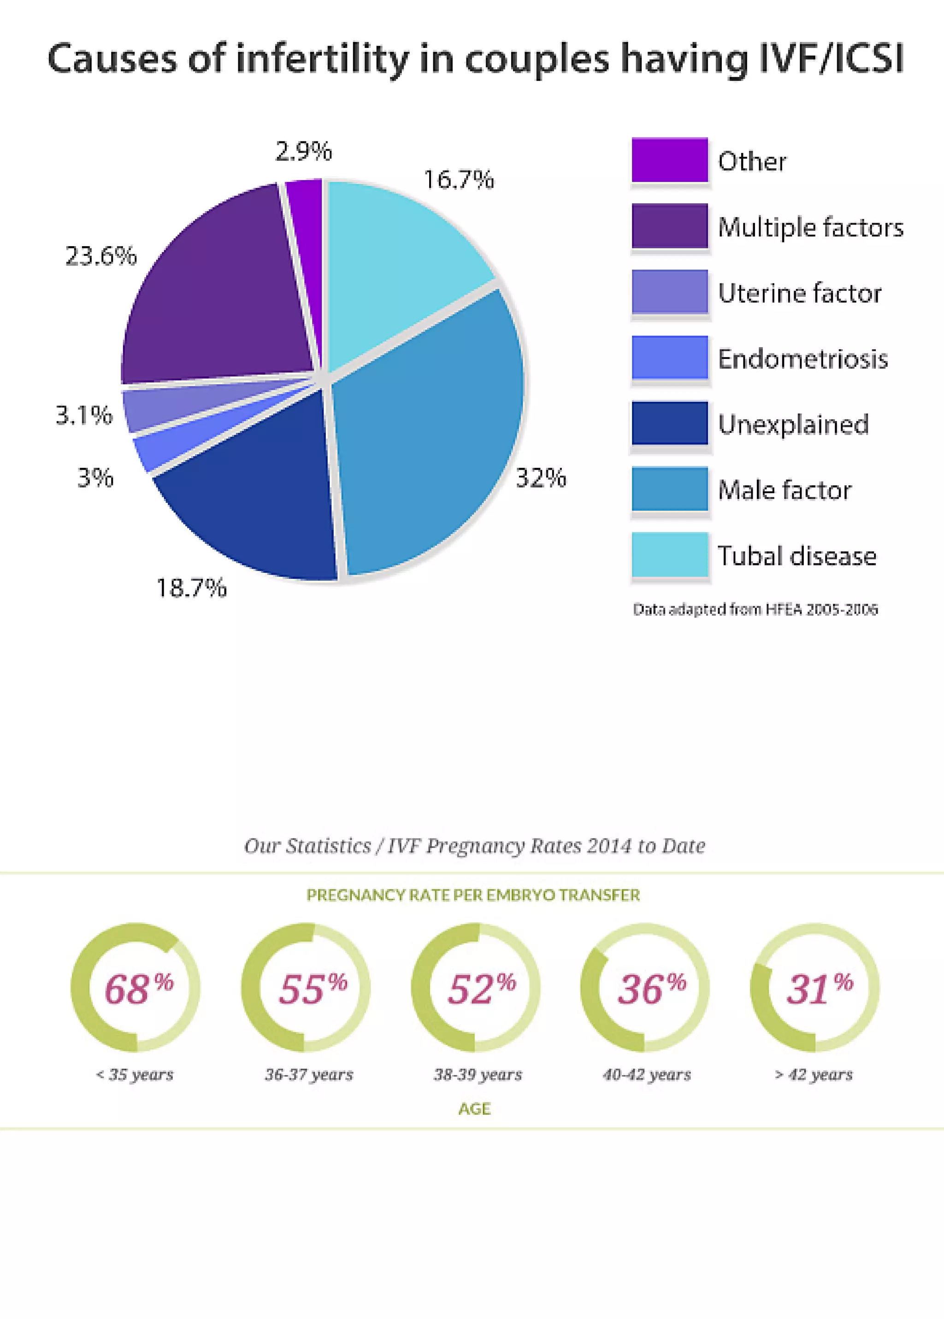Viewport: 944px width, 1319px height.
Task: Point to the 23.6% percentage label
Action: [100, 256]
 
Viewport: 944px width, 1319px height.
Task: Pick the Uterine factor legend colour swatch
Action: [670, 291]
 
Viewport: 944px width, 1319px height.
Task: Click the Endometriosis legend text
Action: [803, 359]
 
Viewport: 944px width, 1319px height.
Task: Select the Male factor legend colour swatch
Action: [670, 489]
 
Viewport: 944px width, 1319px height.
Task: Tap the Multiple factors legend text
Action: [810, 227]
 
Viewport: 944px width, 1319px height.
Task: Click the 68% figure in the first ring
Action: [138, 989]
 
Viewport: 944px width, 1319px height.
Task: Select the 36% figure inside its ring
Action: [650, 989]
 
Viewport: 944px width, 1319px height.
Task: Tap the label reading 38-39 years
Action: [478, 1074]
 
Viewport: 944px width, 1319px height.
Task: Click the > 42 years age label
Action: [813, 1074]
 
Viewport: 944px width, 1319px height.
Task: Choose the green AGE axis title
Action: [474, 1109]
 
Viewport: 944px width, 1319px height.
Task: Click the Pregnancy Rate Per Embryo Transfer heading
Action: [473, 895]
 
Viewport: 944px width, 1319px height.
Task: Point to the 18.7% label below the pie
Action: [191, 588]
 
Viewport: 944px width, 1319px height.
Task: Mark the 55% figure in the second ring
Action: [312, 989]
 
